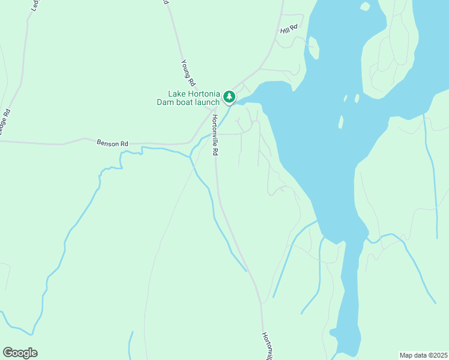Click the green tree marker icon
coord(229,96)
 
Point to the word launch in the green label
coord(206,102)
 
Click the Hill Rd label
coord(289,28)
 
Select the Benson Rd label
coord(113,143)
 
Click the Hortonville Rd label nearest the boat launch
coord(214,135)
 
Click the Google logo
coord(20,353)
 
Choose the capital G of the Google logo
coord(8,353)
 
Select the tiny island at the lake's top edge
coord(365,7)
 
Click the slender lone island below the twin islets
coord(341,122)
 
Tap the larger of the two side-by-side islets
coord(357,98)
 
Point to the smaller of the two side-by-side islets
coord(345,98)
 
